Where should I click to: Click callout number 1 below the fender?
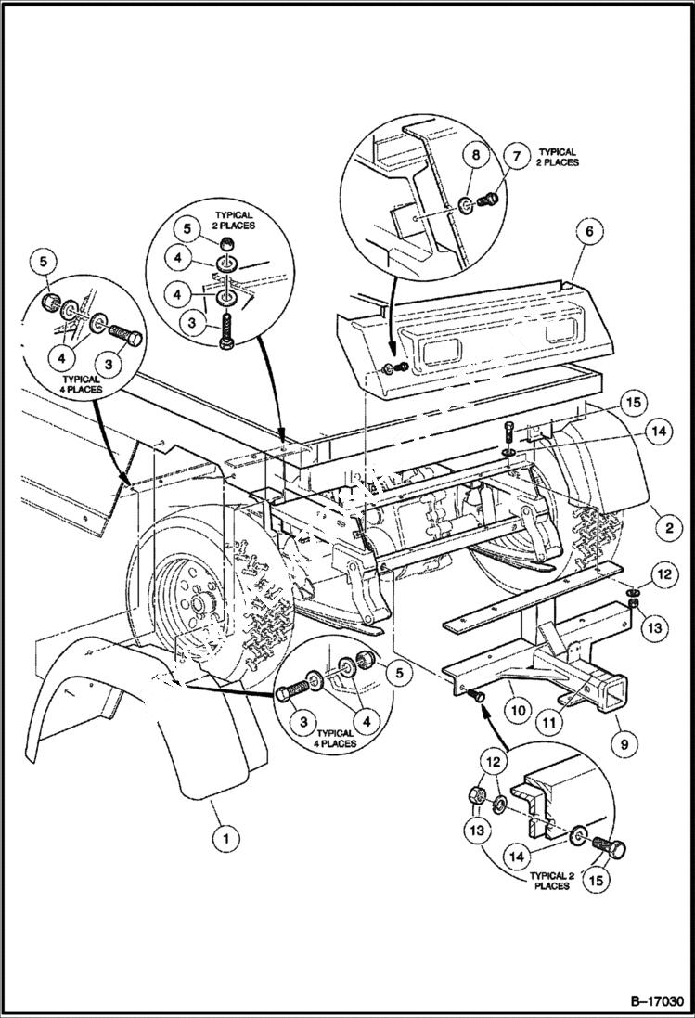223,838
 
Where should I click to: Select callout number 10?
518,711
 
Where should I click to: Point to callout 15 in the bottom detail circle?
594,879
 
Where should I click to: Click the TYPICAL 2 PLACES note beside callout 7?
557,156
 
